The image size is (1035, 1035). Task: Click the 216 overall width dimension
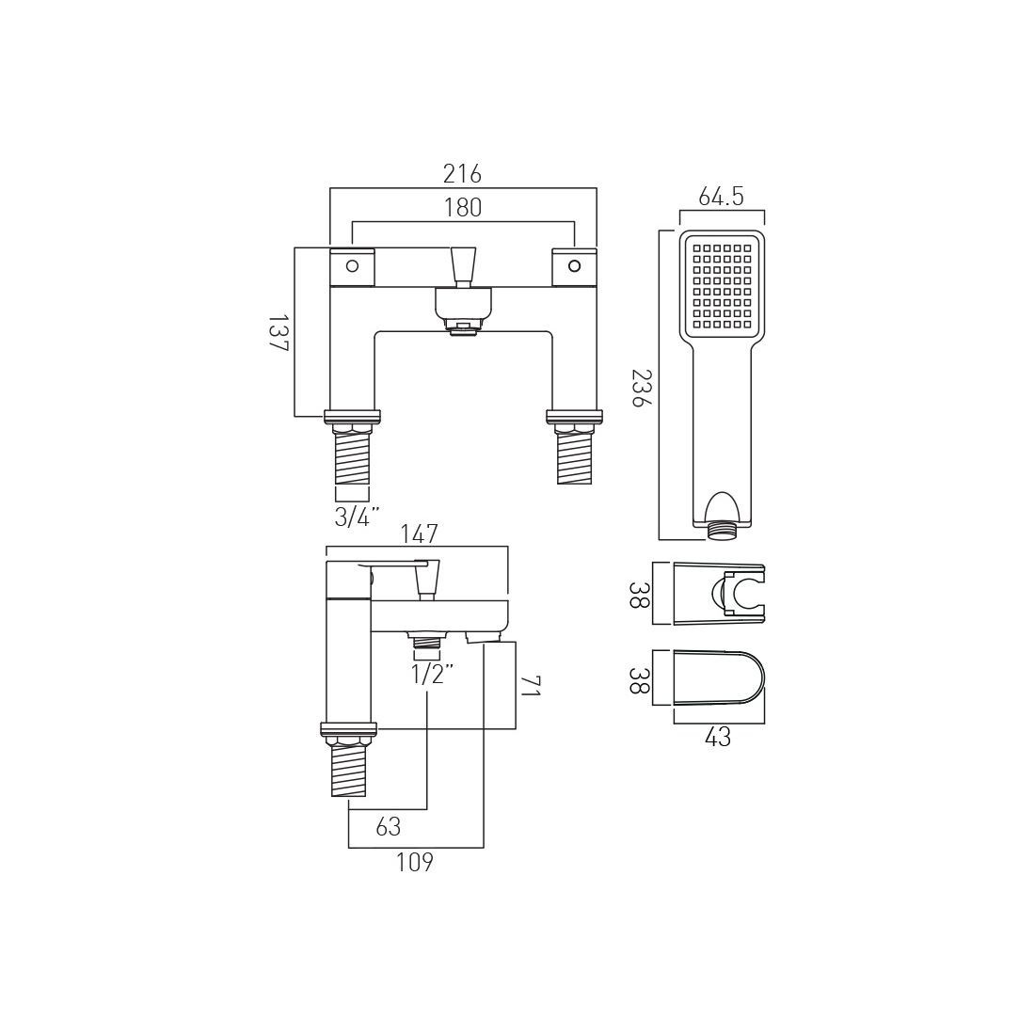462,174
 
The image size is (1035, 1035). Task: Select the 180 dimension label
462,208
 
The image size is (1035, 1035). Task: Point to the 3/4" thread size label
357,517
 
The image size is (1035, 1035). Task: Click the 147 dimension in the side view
419,533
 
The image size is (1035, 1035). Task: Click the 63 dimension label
389,826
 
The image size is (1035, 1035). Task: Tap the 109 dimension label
414,861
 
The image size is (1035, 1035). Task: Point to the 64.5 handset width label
722,197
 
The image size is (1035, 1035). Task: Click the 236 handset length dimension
640,388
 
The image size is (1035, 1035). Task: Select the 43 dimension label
718,738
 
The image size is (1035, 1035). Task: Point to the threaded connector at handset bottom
722,530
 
